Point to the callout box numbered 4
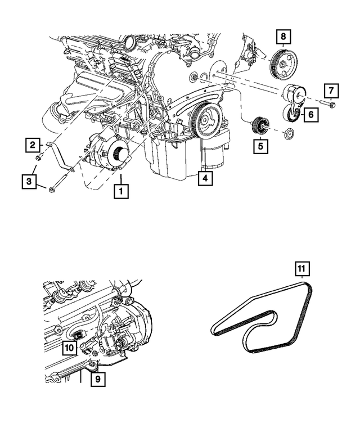click(x=205, y=179)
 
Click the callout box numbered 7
click(x=331, y=89)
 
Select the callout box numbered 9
click(x=97, y=380)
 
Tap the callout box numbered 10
click(x=69, y=349)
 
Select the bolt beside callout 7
click(x=328, y=103)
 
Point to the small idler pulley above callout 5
click(x=260, y=125)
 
